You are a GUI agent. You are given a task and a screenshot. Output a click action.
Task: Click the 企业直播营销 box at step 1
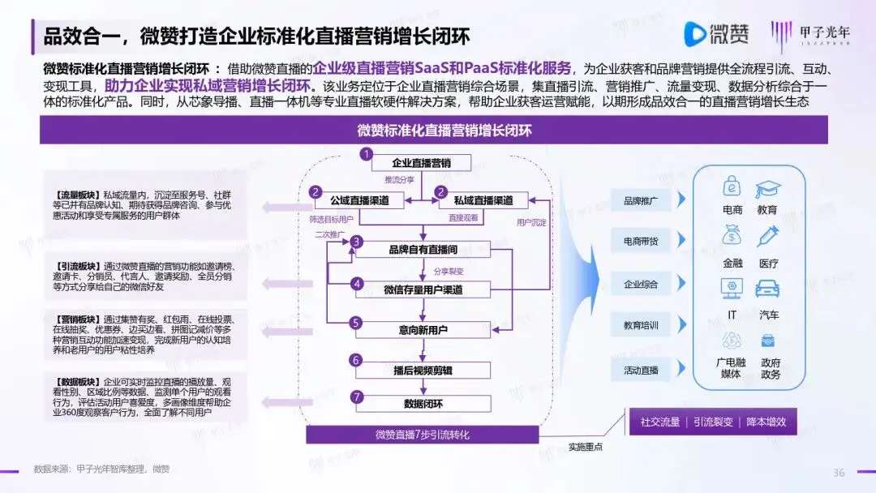421,161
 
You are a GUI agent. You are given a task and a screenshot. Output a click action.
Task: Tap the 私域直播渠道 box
483,200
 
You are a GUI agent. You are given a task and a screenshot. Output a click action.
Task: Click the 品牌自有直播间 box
421,250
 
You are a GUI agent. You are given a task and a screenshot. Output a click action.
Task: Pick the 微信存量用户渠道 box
421,289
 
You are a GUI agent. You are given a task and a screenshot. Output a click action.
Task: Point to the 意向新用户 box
421,330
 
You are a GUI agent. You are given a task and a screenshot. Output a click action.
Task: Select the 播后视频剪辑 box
421,370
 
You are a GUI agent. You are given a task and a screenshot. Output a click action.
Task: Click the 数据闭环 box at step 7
421,403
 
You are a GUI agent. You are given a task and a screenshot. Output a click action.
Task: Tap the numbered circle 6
355,359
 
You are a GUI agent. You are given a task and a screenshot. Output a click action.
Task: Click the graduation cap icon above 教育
767,190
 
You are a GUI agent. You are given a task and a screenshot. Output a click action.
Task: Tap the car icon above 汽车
767,289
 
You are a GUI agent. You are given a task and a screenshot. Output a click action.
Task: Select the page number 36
839,473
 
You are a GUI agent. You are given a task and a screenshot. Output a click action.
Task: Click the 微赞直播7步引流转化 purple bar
422,435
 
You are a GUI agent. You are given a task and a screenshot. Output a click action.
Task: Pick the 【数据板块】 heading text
78,380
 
